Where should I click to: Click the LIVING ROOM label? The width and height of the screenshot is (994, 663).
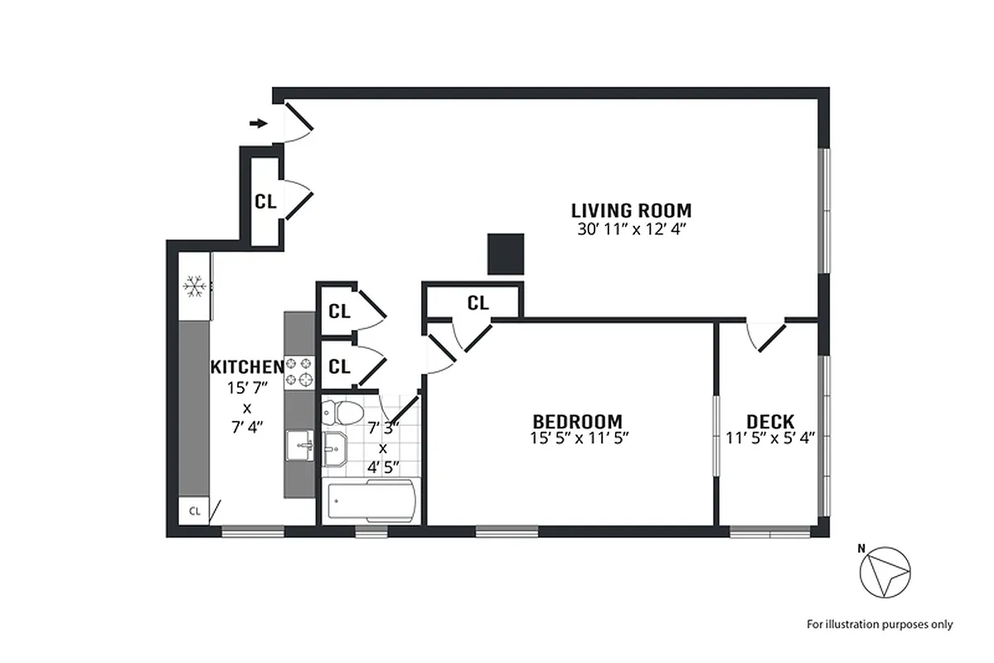(631, 210)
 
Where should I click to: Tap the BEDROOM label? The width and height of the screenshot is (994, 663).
(577, 421)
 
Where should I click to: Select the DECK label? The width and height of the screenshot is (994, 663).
(770, 421)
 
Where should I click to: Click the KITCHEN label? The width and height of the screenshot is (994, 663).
(247, 366)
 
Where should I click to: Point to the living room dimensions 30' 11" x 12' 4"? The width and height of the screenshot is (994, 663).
(631, 230)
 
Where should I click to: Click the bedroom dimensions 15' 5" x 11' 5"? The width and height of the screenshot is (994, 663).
(577, 438)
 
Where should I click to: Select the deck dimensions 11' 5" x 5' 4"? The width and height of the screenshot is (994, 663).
(771, 438)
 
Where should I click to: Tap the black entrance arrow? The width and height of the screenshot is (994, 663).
(259, 123)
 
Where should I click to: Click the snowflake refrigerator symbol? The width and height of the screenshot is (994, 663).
(195, 287)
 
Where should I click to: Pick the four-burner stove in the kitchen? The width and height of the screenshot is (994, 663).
(299, 373)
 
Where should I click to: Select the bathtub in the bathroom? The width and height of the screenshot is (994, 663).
(370, 501)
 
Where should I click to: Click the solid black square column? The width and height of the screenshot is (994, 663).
(506, 254)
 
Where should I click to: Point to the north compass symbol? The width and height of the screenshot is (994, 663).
(885, 572)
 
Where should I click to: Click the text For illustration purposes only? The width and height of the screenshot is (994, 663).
(880, 624)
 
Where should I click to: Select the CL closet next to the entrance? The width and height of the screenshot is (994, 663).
(265, 201)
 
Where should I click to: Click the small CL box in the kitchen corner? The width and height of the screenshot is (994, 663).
(195, 511)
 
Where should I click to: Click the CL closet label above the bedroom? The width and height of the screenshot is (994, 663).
(478, 303)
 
